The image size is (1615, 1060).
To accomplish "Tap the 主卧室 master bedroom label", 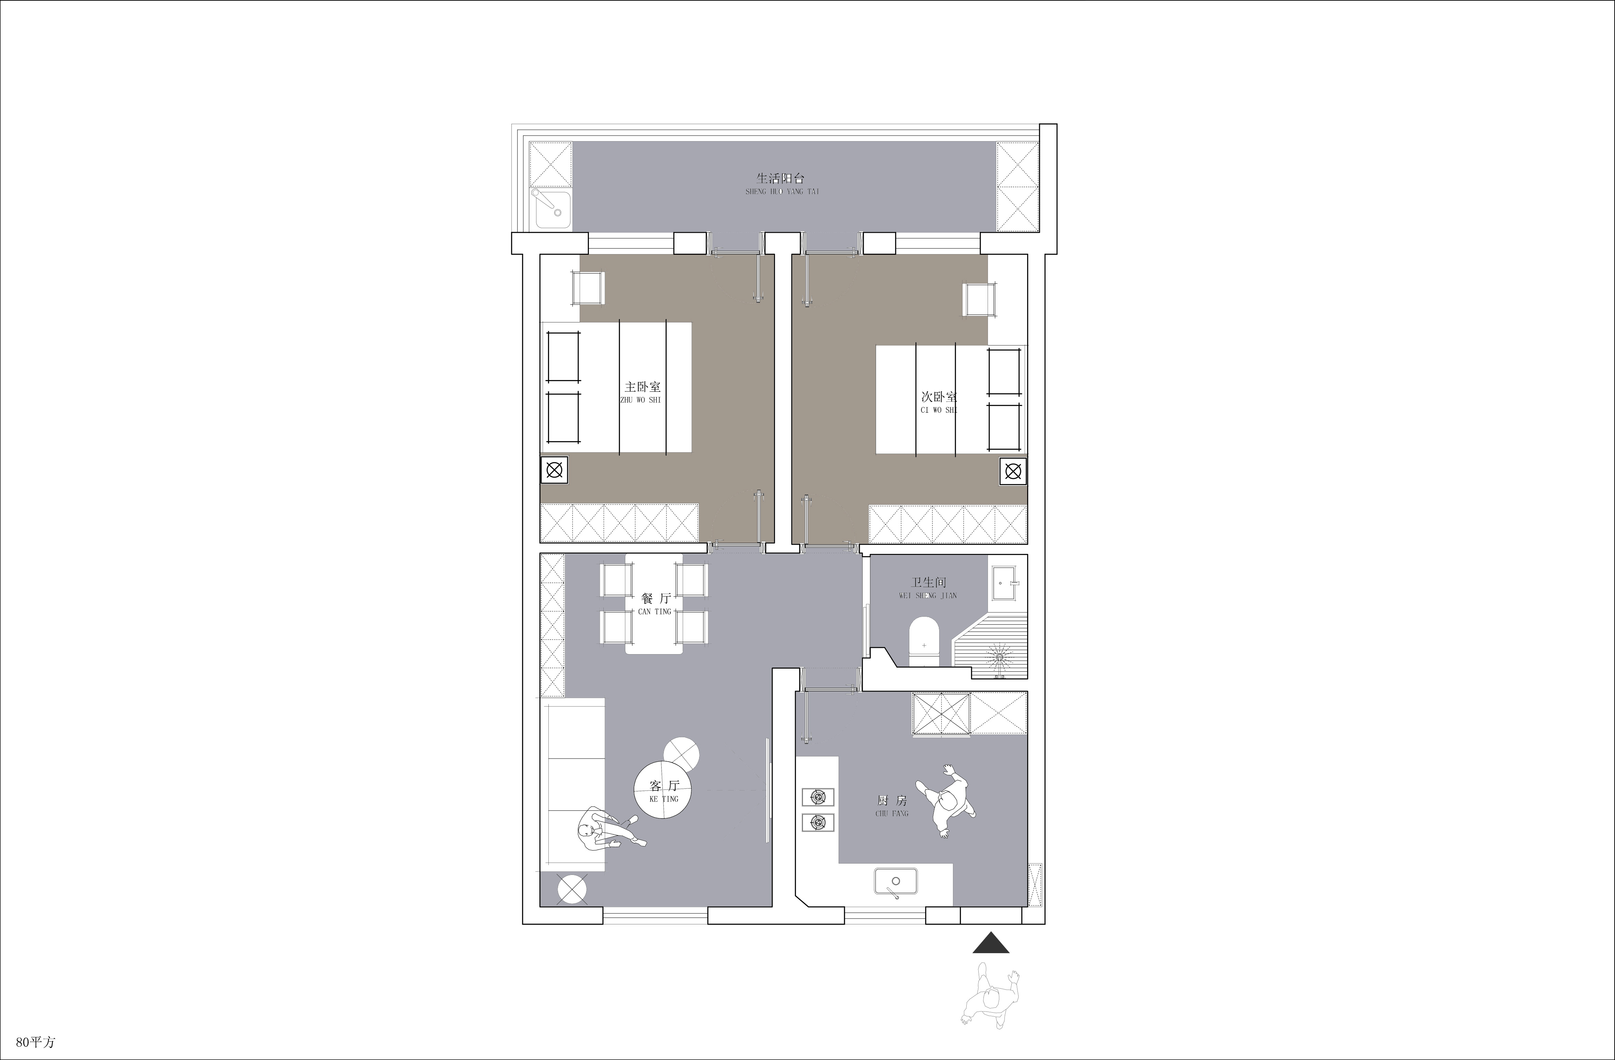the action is coord(642,387).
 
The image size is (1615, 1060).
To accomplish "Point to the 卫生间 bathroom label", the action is coord(928,582).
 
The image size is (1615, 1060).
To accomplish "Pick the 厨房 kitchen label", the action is coord(892,801).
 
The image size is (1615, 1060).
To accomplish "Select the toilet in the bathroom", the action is coord(923,641).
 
